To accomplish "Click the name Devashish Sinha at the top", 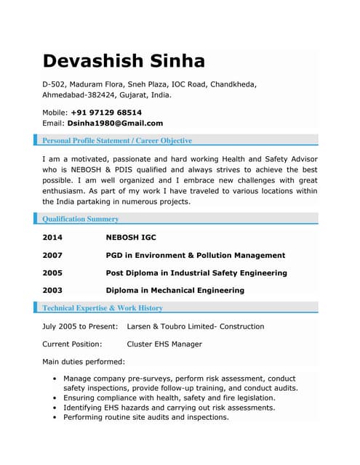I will [124, 61].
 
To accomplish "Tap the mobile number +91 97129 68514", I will [106, 113].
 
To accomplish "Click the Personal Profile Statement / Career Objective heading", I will [117, 140].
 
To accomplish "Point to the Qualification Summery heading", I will [81, 219].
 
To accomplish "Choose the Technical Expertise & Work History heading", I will [103, 308].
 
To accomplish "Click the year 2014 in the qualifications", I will [52, 238].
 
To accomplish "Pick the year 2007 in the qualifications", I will [52, 256].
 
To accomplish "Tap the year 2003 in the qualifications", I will [52, 291].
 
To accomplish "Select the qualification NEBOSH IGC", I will [131, 238].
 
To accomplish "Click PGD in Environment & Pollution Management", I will [195, 256].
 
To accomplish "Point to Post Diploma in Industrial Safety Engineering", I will [196, 273].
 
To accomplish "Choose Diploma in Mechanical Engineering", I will [175, 291].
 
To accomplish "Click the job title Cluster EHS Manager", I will [164, 344].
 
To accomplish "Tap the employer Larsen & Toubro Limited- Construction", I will [195, 327].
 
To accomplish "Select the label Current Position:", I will [72, 344].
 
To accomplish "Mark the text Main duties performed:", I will [84, 362].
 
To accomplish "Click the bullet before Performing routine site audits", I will [55, 418].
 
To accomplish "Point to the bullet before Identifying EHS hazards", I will [55, 408].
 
